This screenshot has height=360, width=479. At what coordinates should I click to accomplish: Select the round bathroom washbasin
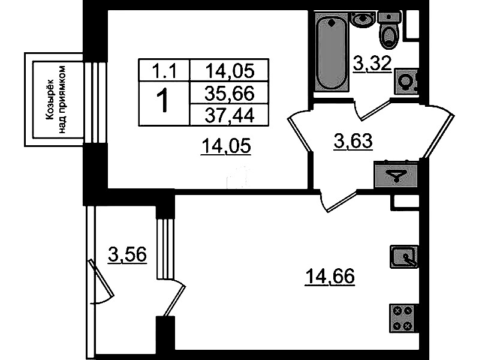363,19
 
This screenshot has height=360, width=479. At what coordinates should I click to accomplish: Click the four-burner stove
403,319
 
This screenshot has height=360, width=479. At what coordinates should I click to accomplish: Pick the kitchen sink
404,257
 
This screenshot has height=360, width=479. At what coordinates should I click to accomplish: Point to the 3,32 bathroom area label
372,64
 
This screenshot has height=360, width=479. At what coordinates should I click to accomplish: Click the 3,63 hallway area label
354,142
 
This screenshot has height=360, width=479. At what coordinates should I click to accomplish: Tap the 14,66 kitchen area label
330,277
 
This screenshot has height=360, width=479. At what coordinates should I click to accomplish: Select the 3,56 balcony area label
127,254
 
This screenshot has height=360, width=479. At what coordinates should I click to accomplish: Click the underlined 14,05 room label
226,146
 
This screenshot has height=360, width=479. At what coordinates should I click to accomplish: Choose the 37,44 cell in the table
230,115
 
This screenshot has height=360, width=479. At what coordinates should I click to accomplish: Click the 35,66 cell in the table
230,93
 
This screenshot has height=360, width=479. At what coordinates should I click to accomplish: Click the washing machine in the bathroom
406,82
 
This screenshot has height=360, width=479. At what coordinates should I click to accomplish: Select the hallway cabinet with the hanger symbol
396,175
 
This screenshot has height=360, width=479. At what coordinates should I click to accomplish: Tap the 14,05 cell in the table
230,71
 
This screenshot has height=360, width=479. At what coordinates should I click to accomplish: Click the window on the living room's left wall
95,102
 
